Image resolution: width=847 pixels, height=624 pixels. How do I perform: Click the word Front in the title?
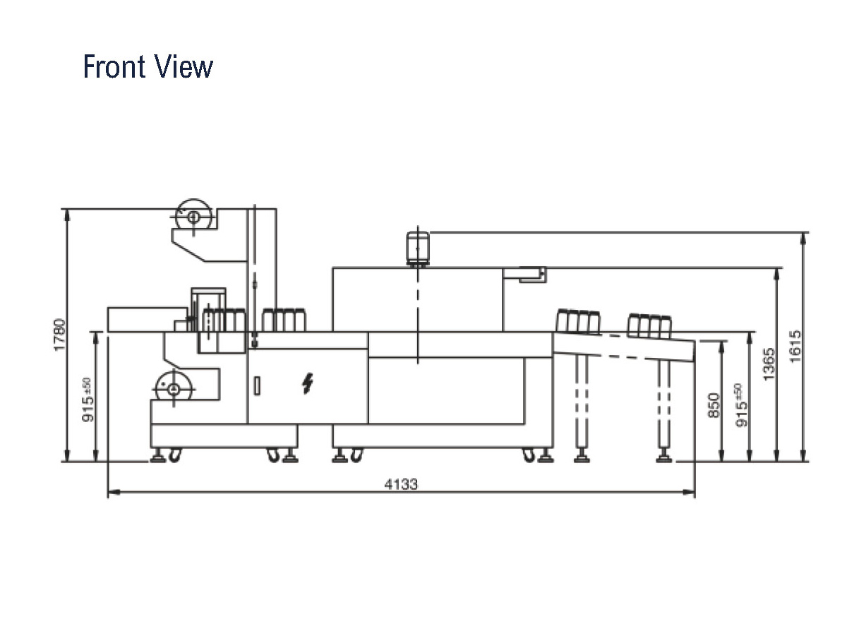pos(114,66)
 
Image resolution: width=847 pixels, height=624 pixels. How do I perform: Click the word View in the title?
pos(184,66)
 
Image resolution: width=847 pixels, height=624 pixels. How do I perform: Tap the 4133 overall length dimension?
pos(401,484)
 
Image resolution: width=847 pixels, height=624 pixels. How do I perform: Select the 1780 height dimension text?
pos(60,335)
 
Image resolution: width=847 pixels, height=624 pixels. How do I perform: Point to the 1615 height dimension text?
pos(795,347)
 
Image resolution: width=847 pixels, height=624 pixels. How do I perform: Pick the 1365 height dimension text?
pos(769,364)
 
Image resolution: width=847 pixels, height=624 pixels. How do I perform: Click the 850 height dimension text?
pos(714,406)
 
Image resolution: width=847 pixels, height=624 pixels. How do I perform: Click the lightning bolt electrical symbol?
pos(308,383)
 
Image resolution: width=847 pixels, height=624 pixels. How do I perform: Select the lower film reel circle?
pos(174,389)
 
